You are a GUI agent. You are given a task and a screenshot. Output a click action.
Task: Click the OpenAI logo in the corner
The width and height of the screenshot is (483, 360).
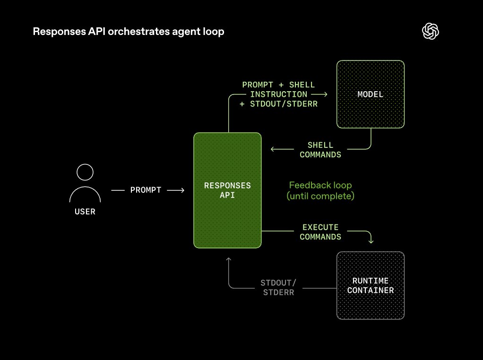(x=431, y=32)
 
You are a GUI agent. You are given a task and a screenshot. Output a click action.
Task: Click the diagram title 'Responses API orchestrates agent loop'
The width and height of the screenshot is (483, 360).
(x=128, y=32)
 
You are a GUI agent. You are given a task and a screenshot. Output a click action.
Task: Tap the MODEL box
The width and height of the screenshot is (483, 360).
(x=370, y=94)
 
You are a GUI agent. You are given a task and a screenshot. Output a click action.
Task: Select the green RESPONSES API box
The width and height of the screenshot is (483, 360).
(x=227, y=190)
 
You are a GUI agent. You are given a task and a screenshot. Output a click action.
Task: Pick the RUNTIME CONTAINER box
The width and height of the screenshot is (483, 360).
(x=371, y=285)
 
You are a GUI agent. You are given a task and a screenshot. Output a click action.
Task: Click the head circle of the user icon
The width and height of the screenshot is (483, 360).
(x=85, y=172)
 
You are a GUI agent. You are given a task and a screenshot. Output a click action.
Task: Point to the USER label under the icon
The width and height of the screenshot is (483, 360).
(x=85, y=212)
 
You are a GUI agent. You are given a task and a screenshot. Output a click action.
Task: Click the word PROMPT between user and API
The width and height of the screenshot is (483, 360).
(x=146, y=190)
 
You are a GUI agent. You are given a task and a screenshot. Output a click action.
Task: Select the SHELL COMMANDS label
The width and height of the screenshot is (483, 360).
(x=320, y=150)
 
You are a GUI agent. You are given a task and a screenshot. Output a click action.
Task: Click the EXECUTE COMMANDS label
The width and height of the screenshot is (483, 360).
(x=320, y=232)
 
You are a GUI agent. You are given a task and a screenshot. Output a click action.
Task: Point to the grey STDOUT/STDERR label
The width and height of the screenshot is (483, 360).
(x=278, y=287)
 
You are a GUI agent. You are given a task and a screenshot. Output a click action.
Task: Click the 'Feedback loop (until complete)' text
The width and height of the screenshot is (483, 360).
(x=320, y=190)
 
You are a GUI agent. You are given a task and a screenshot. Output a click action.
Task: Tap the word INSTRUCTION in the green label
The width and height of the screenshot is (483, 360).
(x=278, y=94)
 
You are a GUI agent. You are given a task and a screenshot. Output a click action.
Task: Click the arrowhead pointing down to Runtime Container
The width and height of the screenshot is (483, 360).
(x=371, y=241)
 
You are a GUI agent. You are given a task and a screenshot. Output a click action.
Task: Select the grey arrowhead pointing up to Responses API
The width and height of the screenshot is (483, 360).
(x=229, y=259)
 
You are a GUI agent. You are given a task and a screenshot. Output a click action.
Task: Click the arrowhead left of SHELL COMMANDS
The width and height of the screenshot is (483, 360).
(x=273, y=150)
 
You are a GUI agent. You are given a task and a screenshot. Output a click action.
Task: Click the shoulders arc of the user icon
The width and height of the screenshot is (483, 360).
(x=85, y=194)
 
